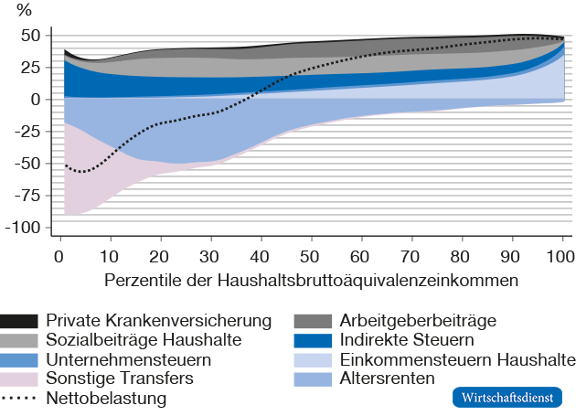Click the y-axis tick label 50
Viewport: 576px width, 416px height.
[30, 36]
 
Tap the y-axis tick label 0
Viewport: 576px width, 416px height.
[35, 99]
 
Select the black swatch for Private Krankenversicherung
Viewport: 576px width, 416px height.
[19, 321]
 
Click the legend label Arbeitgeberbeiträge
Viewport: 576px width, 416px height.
[417, 321]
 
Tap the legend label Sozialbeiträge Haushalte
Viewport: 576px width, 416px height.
[144, 340]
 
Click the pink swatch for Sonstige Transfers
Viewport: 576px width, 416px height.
[19, 379]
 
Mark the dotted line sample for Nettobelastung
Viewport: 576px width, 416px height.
[19, 399]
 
